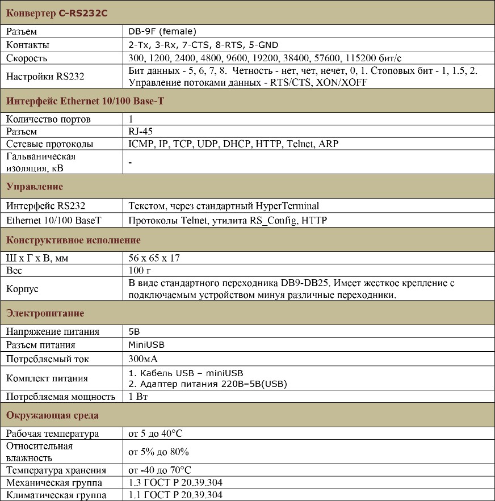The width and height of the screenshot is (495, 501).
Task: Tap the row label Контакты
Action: pos(27,45)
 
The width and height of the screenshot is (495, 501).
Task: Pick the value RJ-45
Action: pos(141,132)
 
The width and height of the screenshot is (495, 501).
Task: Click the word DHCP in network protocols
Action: pos(237,144)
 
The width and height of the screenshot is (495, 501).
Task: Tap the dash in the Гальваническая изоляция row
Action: pos(131,163)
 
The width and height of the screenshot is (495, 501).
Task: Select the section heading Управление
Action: pos(35,187)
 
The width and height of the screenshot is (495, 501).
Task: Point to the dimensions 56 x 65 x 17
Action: pos(154,258)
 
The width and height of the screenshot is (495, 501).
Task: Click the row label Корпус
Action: pos(22,289)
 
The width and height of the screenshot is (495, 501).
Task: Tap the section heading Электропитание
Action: pos(45,313)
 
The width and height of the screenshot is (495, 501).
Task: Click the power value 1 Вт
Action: pos(139,397)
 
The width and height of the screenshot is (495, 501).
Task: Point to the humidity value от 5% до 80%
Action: pos(159,452)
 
